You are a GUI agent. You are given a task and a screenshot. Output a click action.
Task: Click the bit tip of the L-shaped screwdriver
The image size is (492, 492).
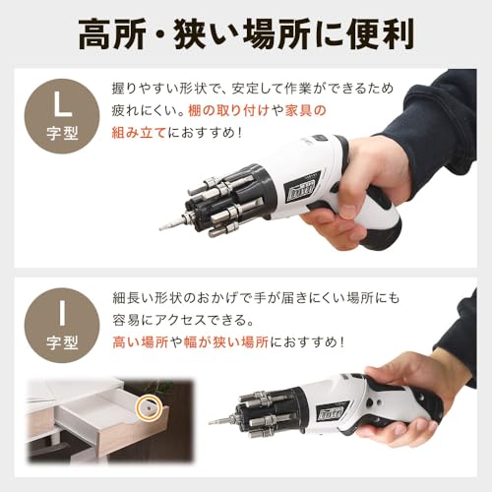click(164, 226)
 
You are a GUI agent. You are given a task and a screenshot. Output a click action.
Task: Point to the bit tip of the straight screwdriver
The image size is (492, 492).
click(214, 420)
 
